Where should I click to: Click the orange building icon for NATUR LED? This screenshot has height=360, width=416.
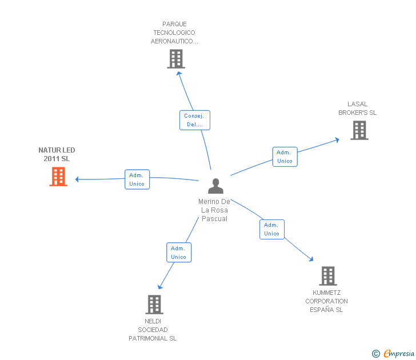[58, 177]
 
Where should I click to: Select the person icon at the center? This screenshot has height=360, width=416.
[215, 186]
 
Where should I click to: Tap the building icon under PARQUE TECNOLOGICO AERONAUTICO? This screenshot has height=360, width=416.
[176, 59]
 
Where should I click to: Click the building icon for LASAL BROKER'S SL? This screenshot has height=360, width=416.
[359, 130]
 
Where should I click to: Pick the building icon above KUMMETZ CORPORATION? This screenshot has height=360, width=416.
[328, 276]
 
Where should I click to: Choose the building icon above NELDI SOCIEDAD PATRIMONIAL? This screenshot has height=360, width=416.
[154, 305]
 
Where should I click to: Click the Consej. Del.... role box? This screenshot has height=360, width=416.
[195, 120]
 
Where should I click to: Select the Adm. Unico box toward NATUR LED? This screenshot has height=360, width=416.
[137, 179]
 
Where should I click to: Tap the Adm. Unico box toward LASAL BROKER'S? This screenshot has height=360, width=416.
[285, 157]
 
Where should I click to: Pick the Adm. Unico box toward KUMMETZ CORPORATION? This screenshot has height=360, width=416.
[272, 229]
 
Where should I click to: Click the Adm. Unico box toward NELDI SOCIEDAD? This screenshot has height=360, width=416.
[179, 253]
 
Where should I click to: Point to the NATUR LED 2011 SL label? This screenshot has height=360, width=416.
[57, 154]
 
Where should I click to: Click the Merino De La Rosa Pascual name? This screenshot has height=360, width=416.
[214, 210]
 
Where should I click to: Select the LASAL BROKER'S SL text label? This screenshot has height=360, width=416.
[357, 108]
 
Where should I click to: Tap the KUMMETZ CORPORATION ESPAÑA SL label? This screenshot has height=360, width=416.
[327, 301]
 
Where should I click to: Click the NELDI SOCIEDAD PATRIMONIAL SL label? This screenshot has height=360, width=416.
[153, 330]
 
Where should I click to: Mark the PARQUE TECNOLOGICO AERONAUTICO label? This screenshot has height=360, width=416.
[174, 33]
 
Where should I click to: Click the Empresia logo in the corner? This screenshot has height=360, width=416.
[394, 353]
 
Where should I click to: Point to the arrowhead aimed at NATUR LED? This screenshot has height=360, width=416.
[77, 179]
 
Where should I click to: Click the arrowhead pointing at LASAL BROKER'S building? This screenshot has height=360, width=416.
[337, 140]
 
